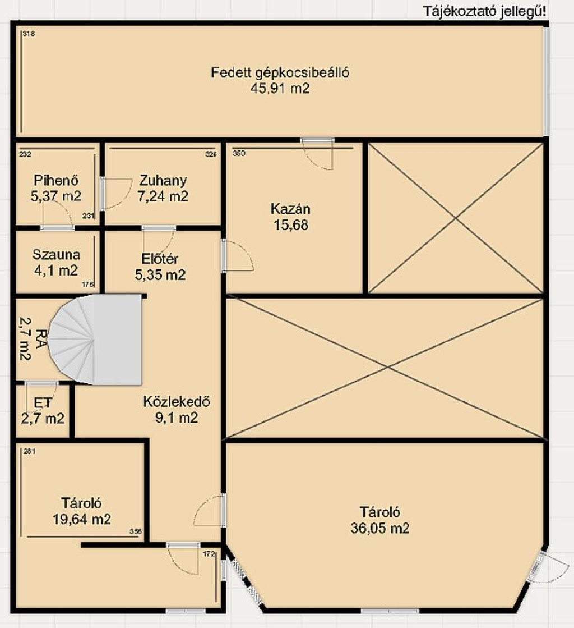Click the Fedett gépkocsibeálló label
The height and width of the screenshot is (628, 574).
[280, 72]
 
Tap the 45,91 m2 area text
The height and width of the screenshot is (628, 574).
[280, 88]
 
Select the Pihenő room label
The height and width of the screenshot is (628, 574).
[56, 180]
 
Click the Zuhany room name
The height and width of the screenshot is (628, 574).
[163, 180]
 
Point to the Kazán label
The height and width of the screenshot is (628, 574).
[290, 209]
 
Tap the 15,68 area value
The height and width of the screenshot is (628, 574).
[291, 224]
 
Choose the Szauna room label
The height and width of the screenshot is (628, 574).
[56, 254]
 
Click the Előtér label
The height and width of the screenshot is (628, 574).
[160, 259]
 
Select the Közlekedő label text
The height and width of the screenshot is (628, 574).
[177, 401]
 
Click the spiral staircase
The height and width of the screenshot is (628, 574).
[95, 340]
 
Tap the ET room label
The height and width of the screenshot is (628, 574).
[43, 402]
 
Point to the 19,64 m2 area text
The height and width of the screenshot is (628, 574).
[82, 519]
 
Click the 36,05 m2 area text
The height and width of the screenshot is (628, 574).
[380, 528]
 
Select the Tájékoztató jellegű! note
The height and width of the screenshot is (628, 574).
[484, 11]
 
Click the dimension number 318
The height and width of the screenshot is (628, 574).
[29, 34]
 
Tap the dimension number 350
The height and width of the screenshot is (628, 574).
[239, 153]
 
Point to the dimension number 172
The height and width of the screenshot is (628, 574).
[209, 554]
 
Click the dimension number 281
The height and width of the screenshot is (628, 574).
[29, 451]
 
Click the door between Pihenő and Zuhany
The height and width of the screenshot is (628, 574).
[103, 194]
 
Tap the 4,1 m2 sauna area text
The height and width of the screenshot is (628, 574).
[56, 271]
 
